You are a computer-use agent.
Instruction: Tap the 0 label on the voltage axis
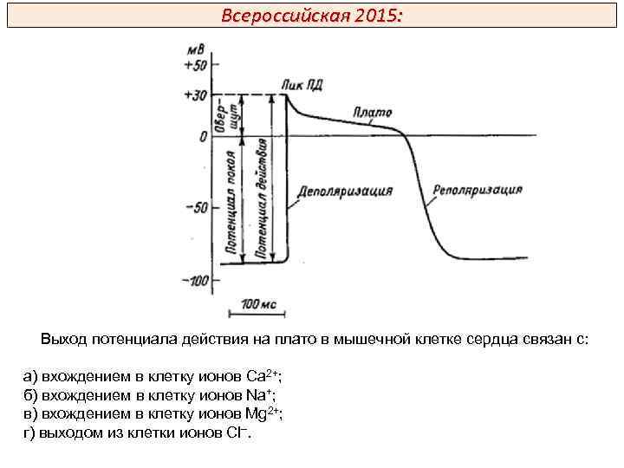tap(203, 136)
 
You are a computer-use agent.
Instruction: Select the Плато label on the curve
tap(373, 113)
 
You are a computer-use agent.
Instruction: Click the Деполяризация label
tap(345, 191)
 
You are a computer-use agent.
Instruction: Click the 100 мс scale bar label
tap(261, 304)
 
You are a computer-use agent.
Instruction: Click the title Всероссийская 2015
tap(311, 16)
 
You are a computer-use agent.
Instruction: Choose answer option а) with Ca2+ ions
tap(153, 376)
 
